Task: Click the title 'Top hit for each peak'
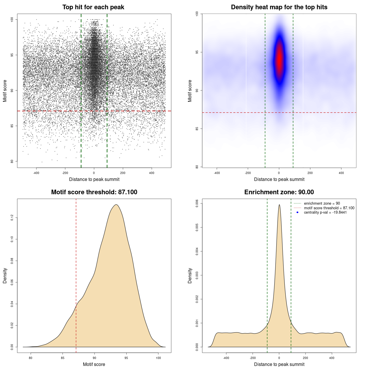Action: (93, 7)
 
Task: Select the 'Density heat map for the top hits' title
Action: (279, 7)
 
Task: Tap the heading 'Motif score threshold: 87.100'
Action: (94, 192)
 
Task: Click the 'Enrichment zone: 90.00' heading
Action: (279, 192)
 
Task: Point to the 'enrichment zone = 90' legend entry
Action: (322, 203)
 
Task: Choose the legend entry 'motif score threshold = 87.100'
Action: (329, 208)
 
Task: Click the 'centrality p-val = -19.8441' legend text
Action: (325, 212)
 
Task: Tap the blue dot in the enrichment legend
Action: (297, 212)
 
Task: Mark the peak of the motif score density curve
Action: (116, 205)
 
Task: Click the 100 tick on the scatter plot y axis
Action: (12, 19)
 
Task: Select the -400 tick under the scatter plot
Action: (36, 173)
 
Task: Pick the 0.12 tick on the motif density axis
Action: (12, 218)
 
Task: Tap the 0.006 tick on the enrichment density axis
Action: (197, 203)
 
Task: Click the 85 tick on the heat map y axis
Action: (197, 129)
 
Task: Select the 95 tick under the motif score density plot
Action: (126, 358)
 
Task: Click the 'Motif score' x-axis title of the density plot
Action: (94, 364)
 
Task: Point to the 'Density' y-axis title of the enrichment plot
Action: (190, 275)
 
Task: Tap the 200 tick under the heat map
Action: (310, 173)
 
